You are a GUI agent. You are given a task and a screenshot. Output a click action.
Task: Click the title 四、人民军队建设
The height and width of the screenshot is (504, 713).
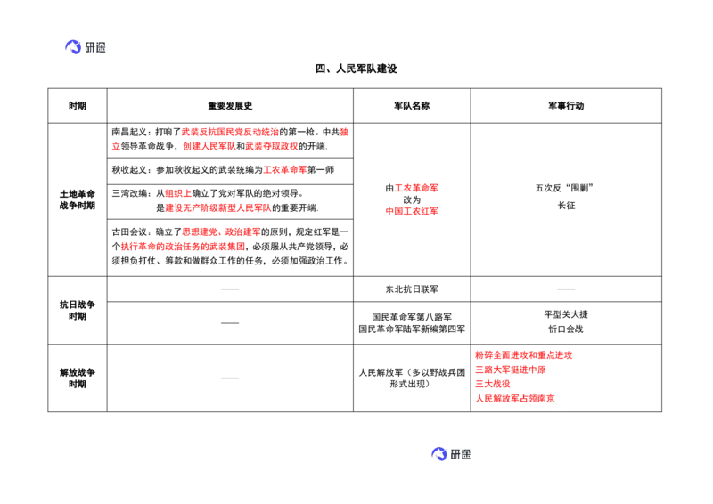(x=356, y=69)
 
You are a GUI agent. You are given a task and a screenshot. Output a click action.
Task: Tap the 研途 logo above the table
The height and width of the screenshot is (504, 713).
(x=85, y=47)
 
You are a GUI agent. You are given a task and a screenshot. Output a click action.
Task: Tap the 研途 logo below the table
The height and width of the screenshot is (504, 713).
(x=451, y=453)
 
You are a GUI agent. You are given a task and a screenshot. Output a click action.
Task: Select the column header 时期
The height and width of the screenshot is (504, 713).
(x=78, y=106)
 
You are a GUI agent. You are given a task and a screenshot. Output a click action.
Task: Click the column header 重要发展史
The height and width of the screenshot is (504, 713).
(x=230, y=106)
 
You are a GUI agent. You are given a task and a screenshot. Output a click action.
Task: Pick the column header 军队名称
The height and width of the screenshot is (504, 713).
(x=412, y=106)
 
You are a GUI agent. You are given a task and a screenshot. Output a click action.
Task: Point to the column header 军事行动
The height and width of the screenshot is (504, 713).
(x=566, y=106)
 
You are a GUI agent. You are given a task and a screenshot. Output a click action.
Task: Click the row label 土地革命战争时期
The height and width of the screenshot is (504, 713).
(x=78, y=199)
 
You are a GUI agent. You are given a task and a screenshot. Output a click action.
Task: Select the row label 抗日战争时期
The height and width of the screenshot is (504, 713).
(x=78, y=310)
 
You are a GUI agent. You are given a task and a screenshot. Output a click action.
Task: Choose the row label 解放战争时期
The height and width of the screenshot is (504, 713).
(x=78, y=378)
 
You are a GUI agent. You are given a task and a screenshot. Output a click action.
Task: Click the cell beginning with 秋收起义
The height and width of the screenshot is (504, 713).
(x=224, y=170)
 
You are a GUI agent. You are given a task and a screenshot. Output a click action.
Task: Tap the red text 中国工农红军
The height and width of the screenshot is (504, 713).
(x=412, y=211)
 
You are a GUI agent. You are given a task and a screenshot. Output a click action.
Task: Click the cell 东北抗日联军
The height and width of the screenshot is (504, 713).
(x=412, y=289)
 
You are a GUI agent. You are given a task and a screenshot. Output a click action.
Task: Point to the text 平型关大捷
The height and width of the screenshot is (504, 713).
(x=566, y=314)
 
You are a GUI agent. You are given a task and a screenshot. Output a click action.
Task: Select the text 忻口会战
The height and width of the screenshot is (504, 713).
(x=566, y=329)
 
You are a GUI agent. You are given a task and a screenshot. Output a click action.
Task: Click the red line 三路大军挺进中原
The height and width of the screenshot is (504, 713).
(x=510, y=370)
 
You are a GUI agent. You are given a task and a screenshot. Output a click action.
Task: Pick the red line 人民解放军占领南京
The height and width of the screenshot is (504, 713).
(x=515, y=399)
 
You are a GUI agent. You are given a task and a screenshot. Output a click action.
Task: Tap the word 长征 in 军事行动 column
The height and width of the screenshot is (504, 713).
(x=566, y=206)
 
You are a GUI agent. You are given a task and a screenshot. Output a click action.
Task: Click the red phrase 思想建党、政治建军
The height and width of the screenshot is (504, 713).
(x=221, y=232)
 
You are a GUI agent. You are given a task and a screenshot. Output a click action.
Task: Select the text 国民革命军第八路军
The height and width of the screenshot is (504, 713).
(x=412, y=317)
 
